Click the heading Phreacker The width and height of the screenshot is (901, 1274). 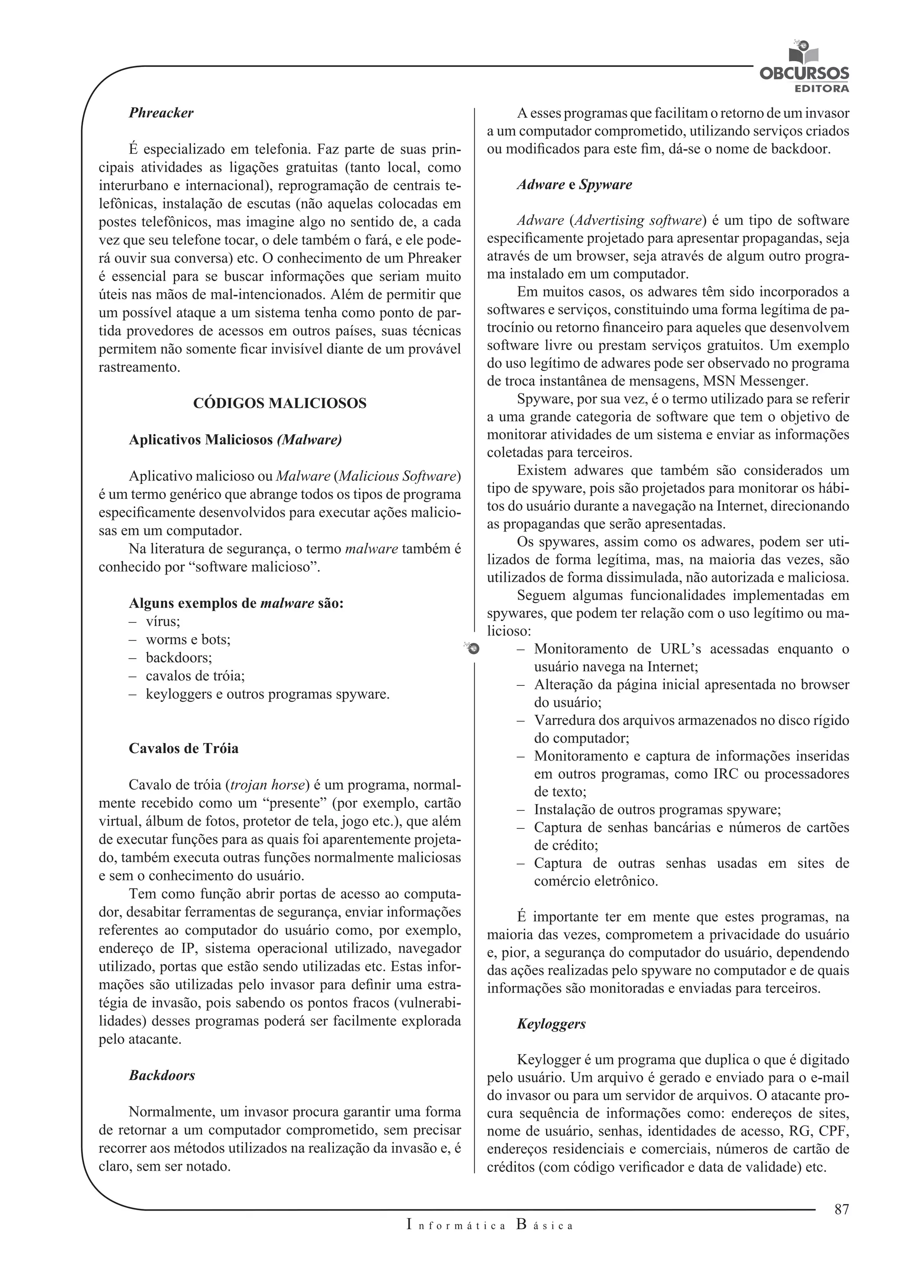pos(161,113)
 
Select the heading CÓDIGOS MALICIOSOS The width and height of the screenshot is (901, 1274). pos(280,403)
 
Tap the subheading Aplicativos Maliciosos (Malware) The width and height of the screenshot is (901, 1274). pos(235,440)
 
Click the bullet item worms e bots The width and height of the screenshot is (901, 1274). pos(187,640)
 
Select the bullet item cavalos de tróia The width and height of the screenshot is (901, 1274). pos(195,676)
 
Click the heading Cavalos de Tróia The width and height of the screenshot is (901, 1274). pos(183,749)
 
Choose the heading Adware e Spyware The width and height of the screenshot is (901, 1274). pos(574,185)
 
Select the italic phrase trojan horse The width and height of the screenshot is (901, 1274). pos(267,785)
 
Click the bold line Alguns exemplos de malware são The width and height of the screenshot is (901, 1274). pos(236,604)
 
